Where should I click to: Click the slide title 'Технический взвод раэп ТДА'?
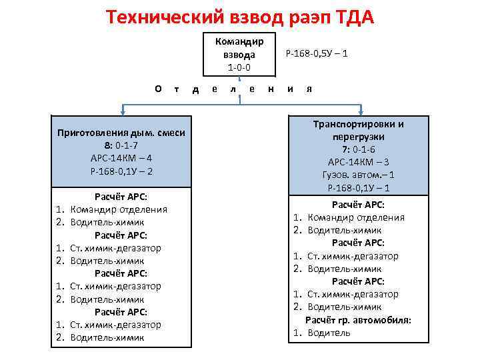[x=240, y=16]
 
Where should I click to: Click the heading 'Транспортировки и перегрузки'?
[x=359, y=130]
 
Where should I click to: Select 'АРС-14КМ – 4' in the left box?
[x=121, y=159]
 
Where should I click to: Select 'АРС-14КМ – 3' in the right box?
[x=359, y=162]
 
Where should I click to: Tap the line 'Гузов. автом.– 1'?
[x=359, y=175]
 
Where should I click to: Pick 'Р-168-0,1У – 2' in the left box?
[x=121, y=171]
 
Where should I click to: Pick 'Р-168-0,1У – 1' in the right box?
[x=359, y=187]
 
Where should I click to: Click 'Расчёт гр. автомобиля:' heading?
[x=359, y=320]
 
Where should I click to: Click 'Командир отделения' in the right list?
[x=356, y=217]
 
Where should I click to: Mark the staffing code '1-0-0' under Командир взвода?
[x=239, y=67]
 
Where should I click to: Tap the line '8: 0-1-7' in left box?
[x=121, y=146]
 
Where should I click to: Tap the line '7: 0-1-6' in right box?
[x=359, y=149]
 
